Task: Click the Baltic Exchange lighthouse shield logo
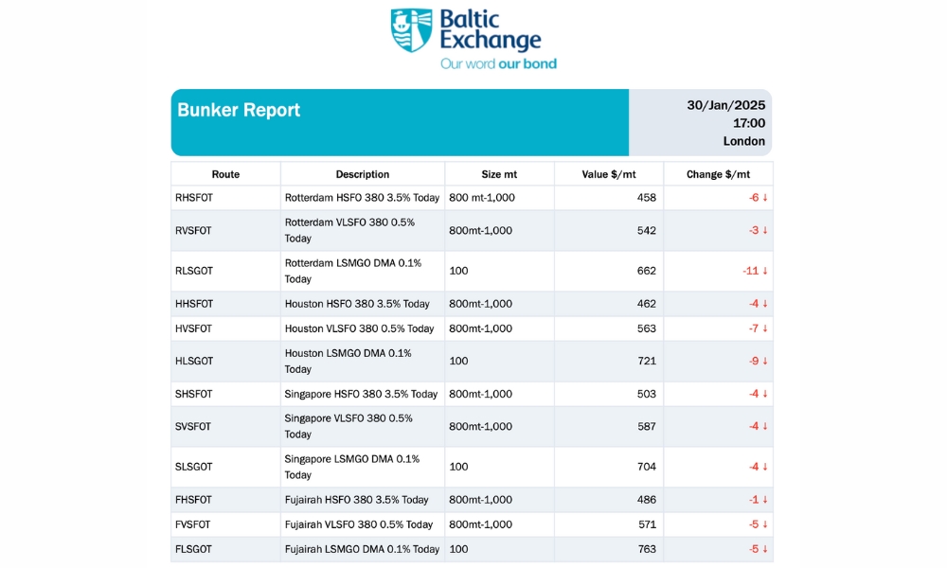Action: click(411, 30)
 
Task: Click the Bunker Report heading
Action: click(239, 110)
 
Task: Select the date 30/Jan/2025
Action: click(726, 105)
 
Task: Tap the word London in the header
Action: click(744, 141)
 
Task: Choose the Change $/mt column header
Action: click(718, 174)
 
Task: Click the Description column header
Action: click(363, 174)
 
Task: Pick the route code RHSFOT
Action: click(194, 198)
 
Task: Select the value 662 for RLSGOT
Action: click(646, 271)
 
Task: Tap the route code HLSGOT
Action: click(194, 362)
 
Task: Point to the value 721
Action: click(646, 362)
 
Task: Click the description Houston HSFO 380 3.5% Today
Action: click(357, 304)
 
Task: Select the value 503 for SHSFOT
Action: click(646, 394)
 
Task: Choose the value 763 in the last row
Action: click(646, 549)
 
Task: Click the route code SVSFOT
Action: click(194, 426)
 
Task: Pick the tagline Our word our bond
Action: click(498, 63)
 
